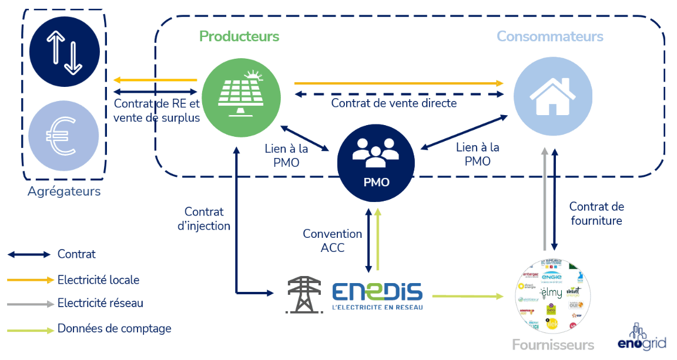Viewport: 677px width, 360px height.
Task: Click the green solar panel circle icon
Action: tap(241, 98)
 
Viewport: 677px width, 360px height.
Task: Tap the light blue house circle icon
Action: tap(553, 96)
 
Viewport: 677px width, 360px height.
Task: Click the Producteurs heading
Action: tap(239, 36)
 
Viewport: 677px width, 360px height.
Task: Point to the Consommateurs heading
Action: tap(549, 36)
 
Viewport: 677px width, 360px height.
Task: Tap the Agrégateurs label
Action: tap(64, 191)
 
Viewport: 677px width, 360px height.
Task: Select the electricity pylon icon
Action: tap(304, 294)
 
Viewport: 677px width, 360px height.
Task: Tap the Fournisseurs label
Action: tap(553, 345)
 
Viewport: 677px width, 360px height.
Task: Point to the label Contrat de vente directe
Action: tap(394, 103)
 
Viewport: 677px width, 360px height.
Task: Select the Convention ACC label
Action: tap(333, 241)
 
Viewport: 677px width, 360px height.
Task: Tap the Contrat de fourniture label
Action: tap(596, 214)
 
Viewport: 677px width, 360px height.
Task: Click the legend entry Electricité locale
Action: tap(98, 280)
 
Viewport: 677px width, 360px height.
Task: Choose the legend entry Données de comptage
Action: tap(114, 329)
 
